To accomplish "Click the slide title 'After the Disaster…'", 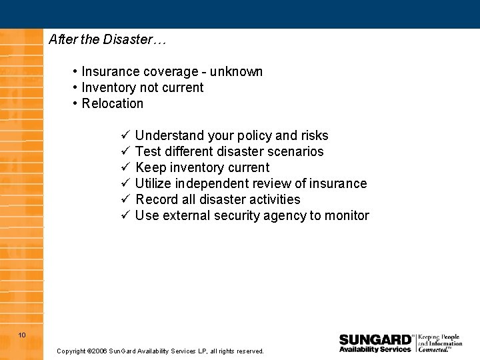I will click(107, 39).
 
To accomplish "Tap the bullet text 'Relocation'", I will click(113, 103).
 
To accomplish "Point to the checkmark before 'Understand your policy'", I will click(125, 135).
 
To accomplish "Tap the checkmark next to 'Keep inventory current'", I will click(125, 167).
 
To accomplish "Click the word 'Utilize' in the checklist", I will click(153, 183).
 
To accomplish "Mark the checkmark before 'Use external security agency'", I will click(125, 215).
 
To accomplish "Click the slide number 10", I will click(22, 335).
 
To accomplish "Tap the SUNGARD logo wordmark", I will click(375, 339).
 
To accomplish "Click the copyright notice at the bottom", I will click(160, 351).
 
